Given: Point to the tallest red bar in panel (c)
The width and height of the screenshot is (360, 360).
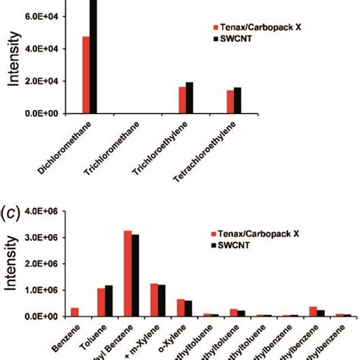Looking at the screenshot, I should point(128,273).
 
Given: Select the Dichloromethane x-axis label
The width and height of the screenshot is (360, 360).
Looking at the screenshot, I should point(73,145).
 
